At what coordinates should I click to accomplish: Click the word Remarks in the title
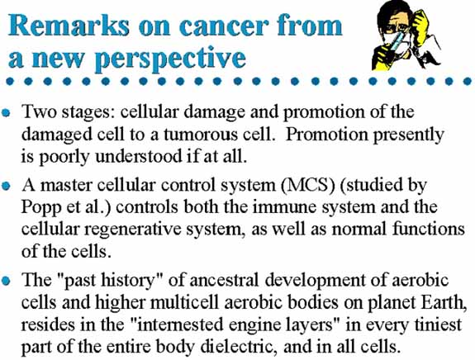click(69, 26)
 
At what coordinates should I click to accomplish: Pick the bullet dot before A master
click(6, 186)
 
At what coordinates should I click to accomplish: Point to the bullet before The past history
click(6, 281)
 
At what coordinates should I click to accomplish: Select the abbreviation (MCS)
click(308, 185)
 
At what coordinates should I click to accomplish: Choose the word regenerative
click(133, 230)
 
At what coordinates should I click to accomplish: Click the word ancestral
click(224, 280)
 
